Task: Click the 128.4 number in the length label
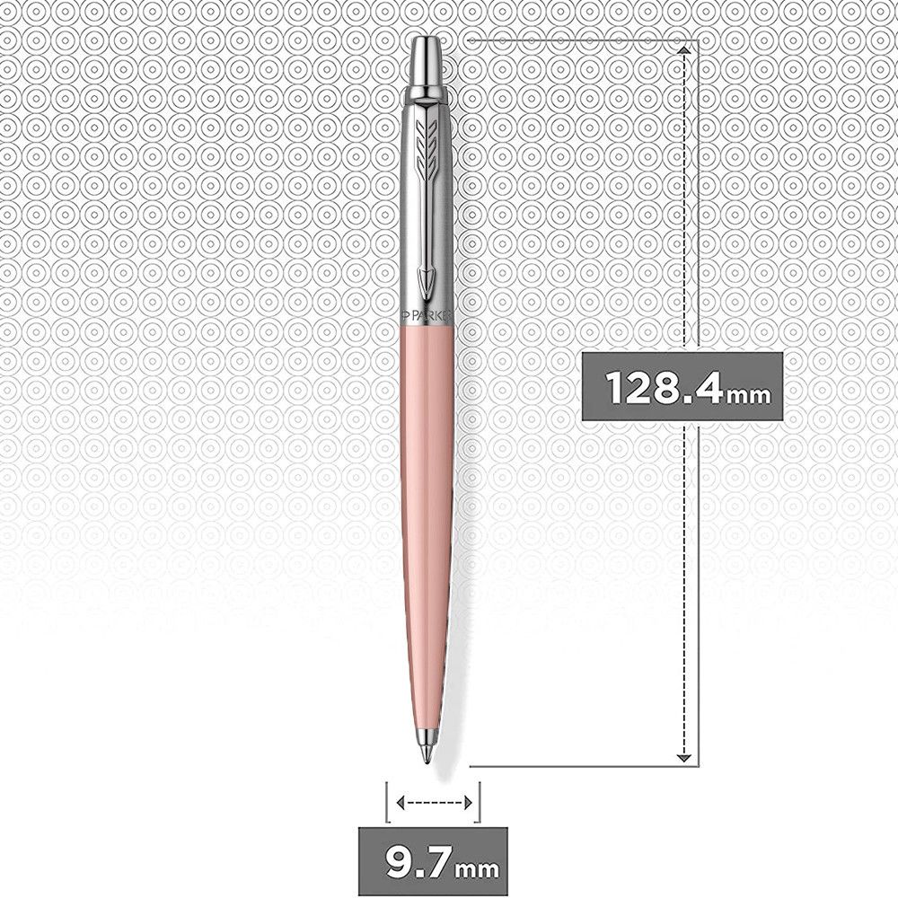pos(665,388)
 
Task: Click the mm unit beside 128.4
pos(748,394)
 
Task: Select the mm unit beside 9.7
pos(477,870)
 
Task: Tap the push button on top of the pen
pos(428,62)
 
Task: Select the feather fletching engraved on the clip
pos(427,146)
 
